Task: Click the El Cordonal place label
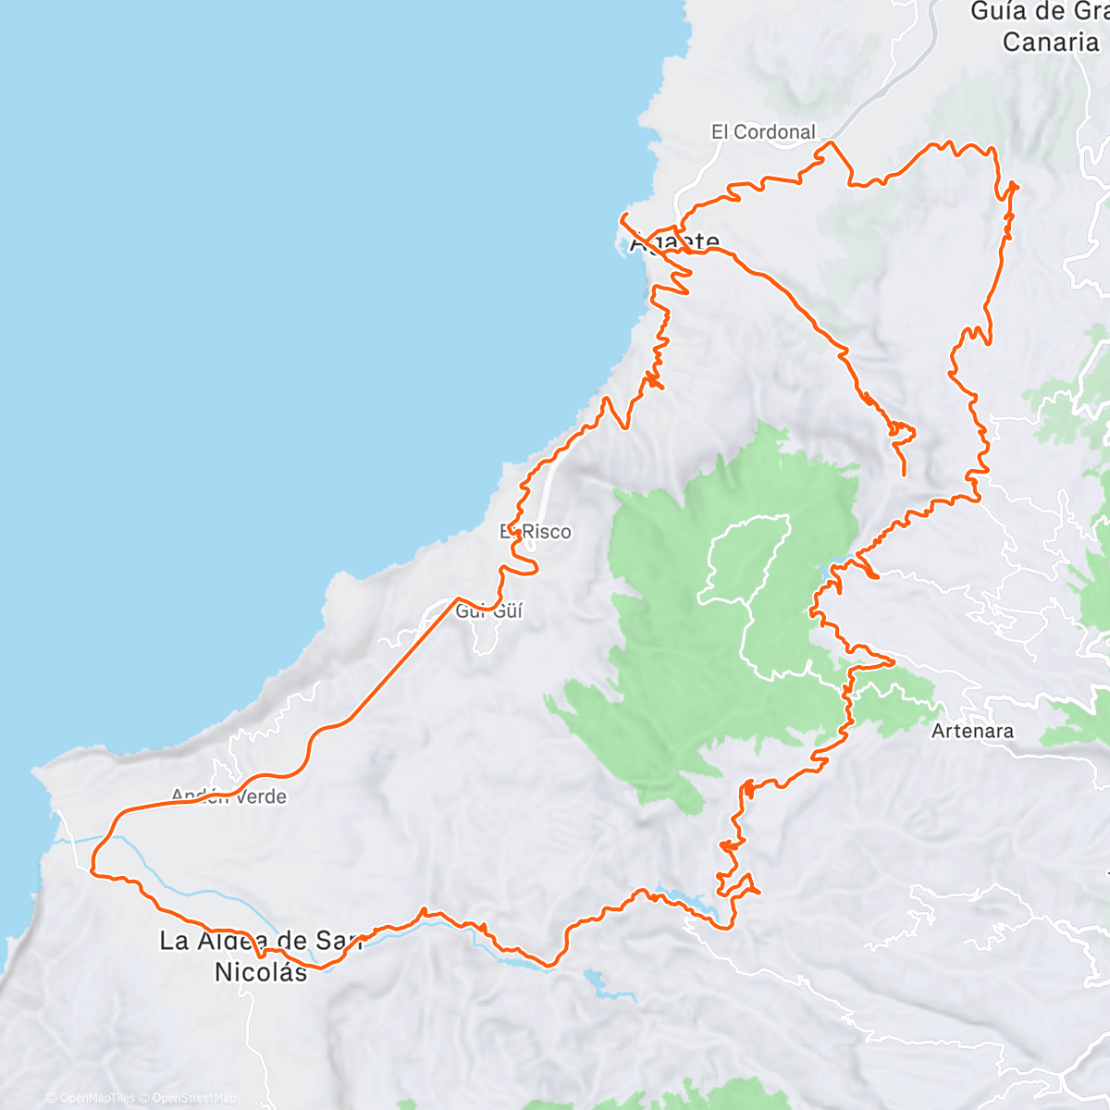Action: point(763,132)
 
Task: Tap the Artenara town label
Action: point(972,731)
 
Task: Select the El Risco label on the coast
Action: point(536,532)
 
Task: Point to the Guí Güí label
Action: point(490,610)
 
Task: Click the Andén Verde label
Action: point(229,796)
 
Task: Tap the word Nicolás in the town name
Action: point(261,972)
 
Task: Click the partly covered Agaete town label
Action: point(673,244)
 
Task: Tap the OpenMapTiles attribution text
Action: point(90,1098)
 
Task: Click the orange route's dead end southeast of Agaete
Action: point(904,474)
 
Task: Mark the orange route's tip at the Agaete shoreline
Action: point(622,216)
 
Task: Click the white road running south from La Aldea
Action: point(248,1027)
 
